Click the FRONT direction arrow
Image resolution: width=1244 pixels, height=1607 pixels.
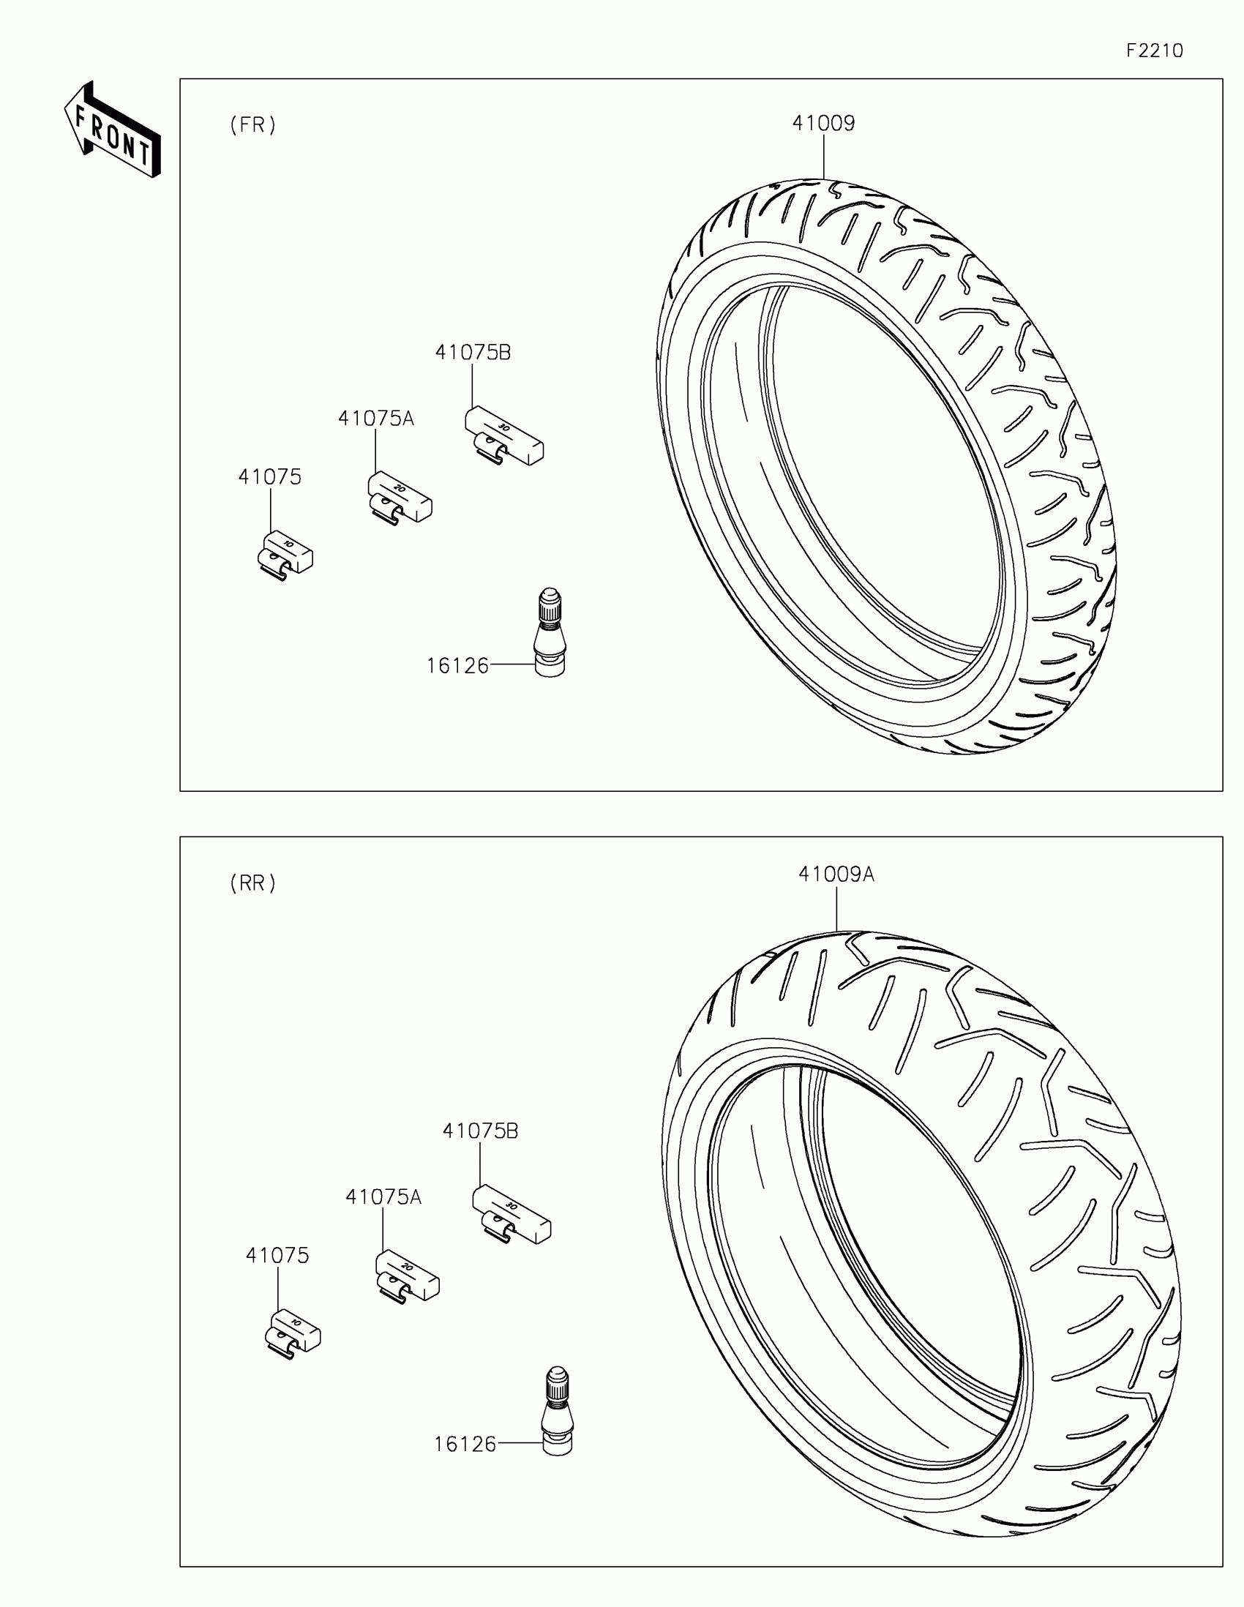tap(113, 130)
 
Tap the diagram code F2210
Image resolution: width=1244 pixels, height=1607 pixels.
tap(1154, 50)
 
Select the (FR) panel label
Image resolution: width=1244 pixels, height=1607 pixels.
tap(253, 125)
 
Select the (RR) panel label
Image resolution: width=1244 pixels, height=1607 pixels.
tap(253, 883)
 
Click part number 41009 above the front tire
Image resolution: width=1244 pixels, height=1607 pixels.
tap(823, 123)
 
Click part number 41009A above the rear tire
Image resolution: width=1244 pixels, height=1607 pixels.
tap(836, 874)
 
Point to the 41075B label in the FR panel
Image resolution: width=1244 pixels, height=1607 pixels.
tap(473, 353)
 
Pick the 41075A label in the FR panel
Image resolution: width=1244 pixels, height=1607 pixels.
tap(376, 419)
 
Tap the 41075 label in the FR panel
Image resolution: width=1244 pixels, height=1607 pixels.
tap(270, 477)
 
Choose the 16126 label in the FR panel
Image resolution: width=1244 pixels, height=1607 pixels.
tap(457, 666)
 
